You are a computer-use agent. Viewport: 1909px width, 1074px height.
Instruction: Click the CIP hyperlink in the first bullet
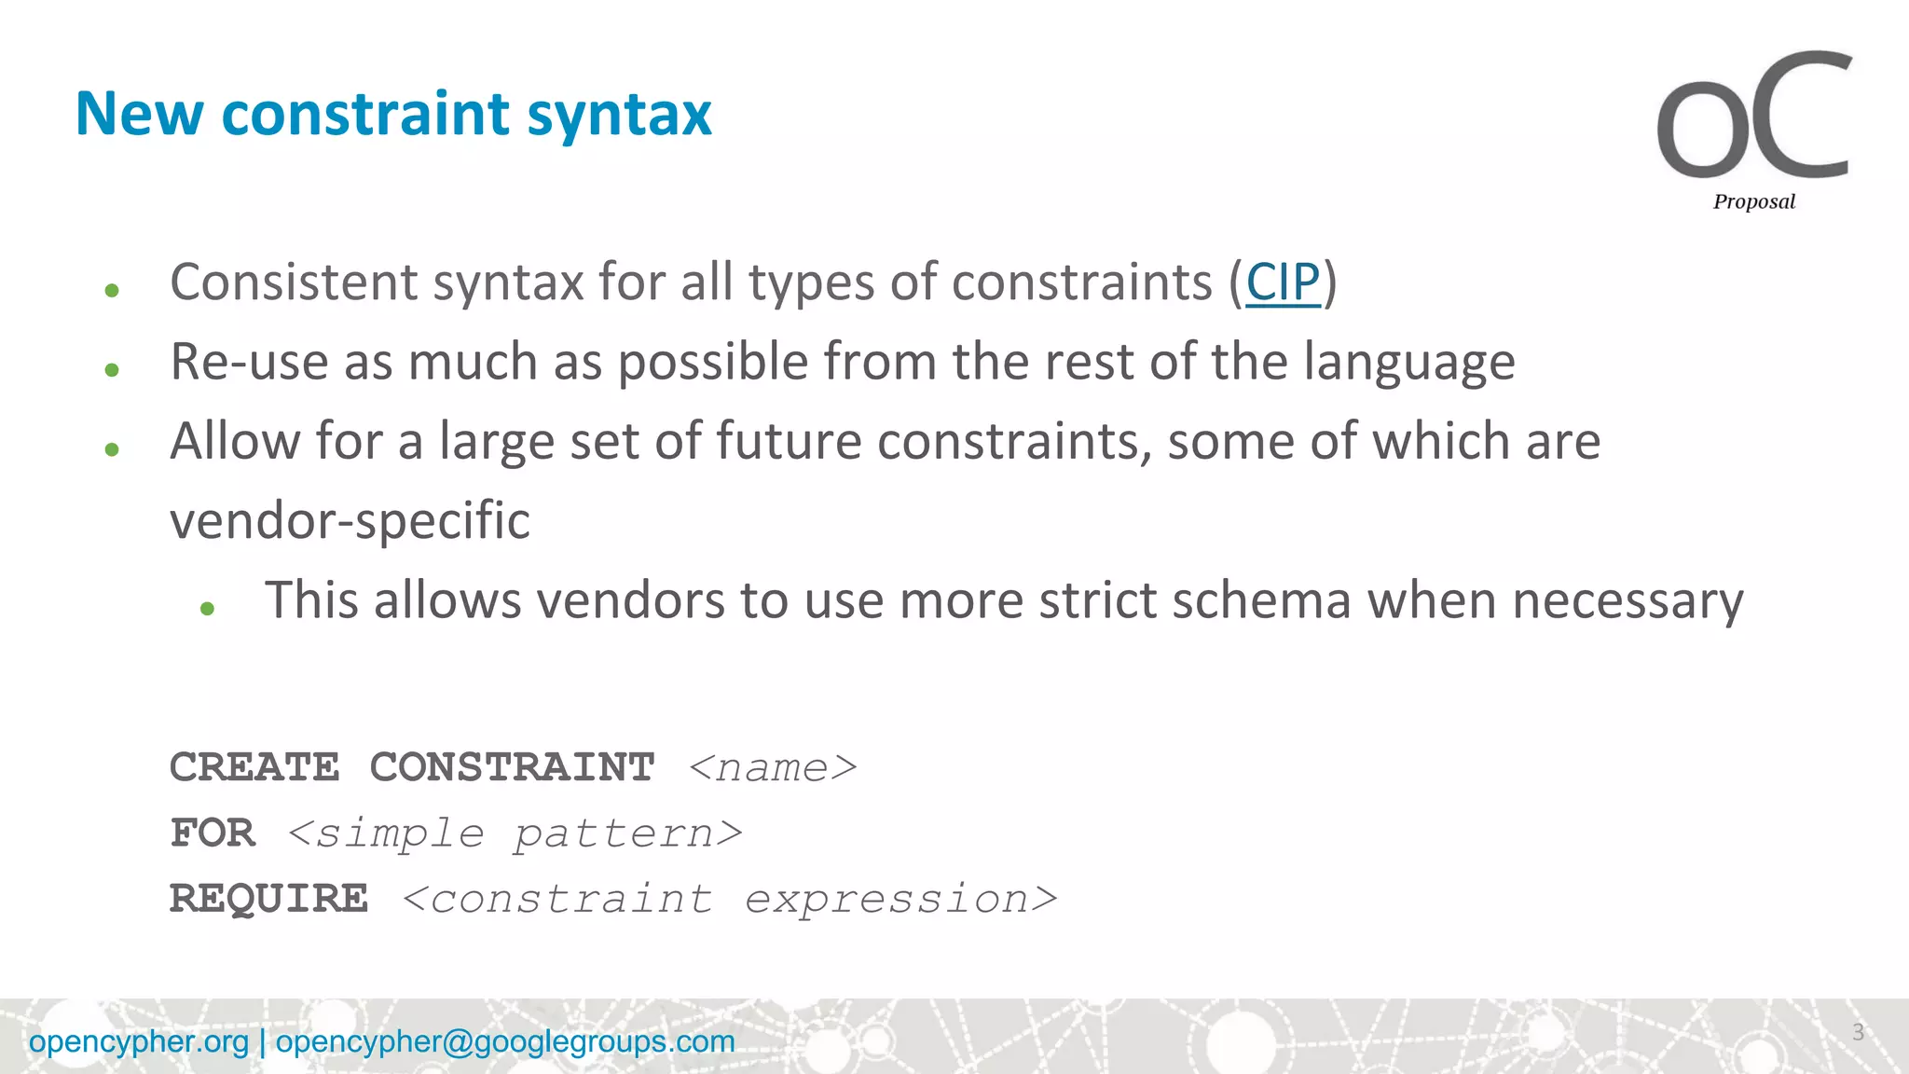coord(1283,282)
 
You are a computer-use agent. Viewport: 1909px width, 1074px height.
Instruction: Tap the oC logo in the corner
coord(1753,117)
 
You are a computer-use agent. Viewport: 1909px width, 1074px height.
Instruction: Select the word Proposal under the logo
coord(1753,201)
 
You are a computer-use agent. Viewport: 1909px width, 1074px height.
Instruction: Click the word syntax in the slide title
coord(619,116)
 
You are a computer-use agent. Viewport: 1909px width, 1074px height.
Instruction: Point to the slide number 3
coord(1858,1032)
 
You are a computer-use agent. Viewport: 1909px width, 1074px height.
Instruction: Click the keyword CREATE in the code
coord(254,767)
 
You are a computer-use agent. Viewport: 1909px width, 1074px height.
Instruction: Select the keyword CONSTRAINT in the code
coord(512,767)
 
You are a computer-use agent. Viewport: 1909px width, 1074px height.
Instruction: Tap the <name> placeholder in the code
coord(773,767)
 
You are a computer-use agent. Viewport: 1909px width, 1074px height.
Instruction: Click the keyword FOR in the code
coord(213,833)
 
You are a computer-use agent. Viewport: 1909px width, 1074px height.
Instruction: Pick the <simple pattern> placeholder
coord(515,833)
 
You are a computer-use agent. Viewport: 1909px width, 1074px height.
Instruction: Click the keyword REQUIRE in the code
coord(268,899)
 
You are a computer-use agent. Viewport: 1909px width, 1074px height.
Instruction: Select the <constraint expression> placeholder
coord(730,899)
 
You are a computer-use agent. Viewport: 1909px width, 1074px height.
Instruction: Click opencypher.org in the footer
coord(139,1041)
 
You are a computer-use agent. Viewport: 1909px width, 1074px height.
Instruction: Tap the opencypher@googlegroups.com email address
coord(505,1041)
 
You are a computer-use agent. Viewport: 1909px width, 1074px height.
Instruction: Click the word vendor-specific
coord(350,520)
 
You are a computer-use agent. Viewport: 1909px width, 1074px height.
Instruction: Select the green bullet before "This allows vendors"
coord(208,609)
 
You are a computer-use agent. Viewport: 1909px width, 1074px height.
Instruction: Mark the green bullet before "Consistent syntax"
coord(113,291)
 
